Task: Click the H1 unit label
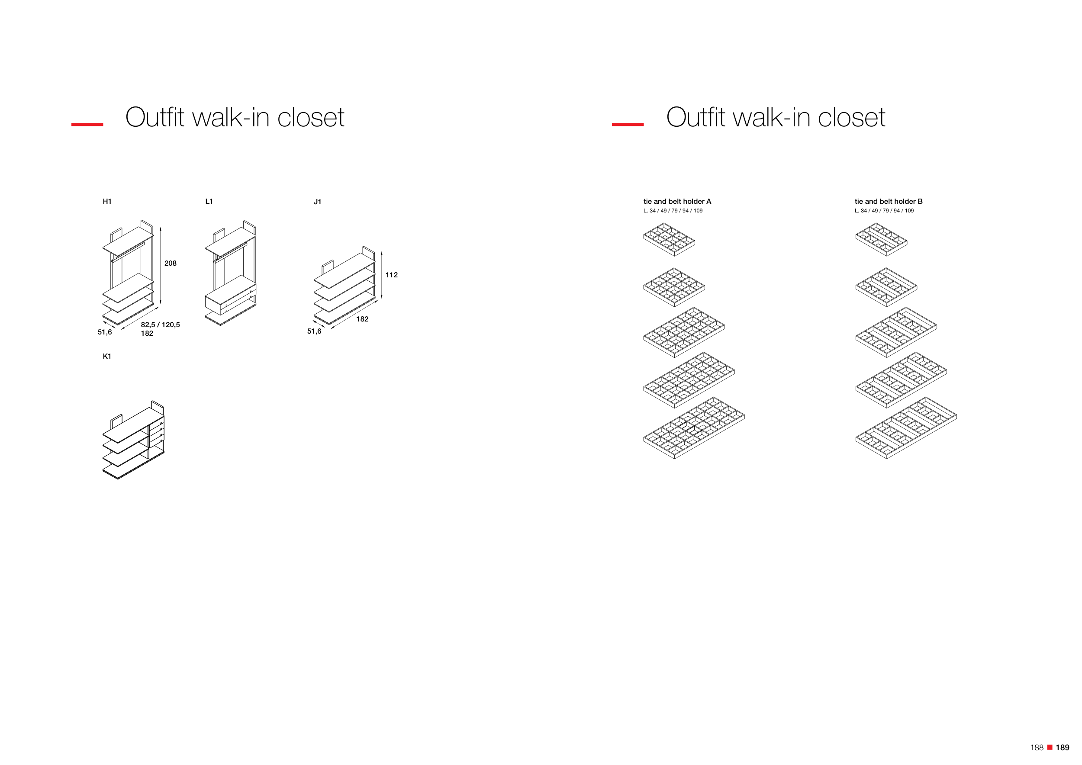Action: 107,202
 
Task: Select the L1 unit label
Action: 209,202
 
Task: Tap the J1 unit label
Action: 318,202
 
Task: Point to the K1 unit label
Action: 107,357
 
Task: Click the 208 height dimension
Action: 170,264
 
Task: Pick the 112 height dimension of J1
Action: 391,275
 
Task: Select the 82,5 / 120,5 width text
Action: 160,325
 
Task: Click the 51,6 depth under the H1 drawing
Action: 105,333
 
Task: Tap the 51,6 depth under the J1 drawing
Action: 314,331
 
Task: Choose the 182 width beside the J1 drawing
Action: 362,319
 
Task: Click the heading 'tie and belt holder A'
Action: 677,202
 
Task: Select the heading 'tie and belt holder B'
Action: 888,202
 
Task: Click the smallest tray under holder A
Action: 669,240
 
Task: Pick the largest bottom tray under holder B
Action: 906,428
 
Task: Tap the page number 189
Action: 1062,748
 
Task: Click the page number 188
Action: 1037,748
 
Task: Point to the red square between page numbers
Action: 1050,747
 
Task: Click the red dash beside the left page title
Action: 87,124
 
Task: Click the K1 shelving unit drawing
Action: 133,440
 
